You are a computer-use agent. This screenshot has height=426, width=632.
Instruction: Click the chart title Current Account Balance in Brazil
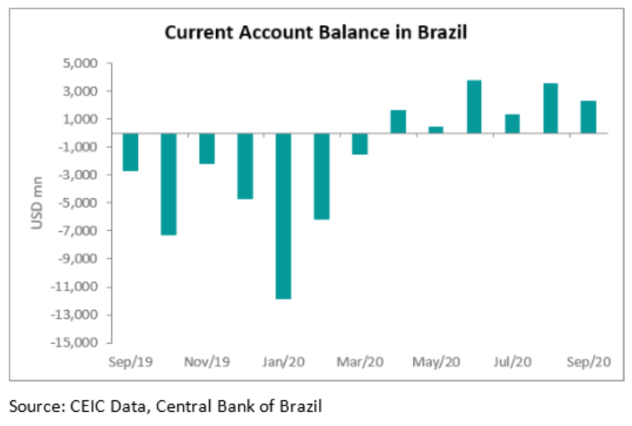[x=316, y=33]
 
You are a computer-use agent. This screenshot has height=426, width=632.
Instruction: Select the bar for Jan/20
[x=283, y=215]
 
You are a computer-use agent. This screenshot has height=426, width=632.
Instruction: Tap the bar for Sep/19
[x=130, y=152]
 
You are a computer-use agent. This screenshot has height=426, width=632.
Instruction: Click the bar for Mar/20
[x=359, y=143]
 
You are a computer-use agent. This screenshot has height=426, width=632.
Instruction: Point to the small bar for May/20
[x=436, y=130]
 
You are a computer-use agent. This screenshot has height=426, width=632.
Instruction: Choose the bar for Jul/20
[x=512, y=124]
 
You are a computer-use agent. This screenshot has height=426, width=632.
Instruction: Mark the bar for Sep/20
[x=589, y=117]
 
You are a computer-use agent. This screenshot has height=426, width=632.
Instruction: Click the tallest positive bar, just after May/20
[x=474, y=106]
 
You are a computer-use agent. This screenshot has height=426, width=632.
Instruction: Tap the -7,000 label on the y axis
[x=78, y=231]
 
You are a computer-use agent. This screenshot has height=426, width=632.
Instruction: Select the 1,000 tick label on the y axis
[x=81, y=119]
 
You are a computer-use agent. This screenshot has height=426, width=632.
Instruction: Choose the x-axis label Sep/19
[x=130, y=363]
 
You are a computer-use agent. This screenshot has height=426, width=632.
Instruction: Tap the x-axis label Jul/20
[x=512, y=363]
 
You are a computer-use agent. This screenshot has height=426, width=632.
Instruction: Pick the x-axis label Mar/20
[x=359, y=363]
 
